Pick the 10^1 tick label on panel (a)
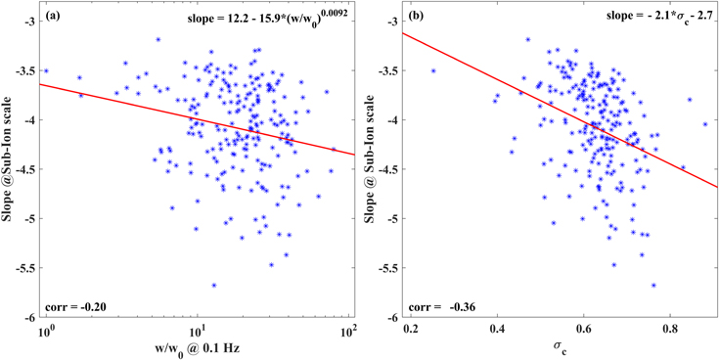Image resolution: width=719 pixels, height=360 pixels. pyautogui.click(x=196, y=330)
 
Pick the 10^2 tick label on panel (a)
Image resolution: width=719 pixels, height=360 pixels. pyautogui.click(x=347, y=330)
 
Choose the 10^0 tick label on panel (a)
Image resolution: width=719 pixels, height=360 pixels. pyautogui.click(x=45, y=330)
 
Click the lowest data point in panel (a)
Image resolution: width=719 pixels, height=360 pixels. pyautogui.click(x=213, y=285)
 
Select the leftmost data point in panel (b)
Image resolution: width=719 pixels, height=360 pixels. pyautogui.click(x=433, y=70)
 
